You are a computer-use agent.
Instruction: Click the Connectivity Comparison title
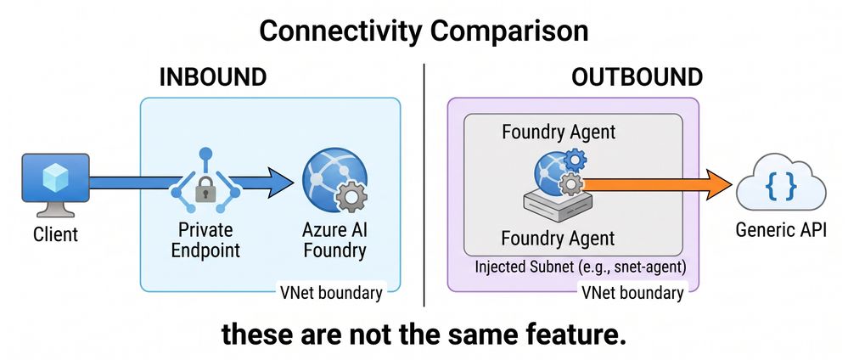click(424, 31)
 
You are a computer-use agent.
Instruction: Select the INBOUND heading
click(213, 77)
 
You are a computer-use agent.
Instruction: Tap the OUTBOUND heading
click(637, 77)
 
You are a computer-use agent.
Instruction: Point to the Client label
click(56, 234)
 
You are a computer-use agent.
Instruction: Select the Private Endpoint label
click(205, 239)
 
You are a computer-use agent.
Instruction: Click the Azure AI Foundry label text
click(334, 239)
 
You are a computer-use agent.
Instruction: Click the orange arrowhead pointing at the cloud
click(716, 184)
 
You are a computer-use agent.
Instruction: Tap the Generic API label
click(781, 230)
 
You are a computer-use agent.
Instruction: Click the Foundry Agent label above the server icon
click(559, 132)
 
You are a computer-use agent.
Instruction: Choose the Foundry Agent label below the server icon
click(559, 239)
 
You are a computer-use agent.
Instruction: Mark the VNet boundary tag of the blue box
click(331, 293)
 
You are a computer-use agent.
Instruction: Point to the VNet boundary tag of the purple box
click(632, 293)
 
